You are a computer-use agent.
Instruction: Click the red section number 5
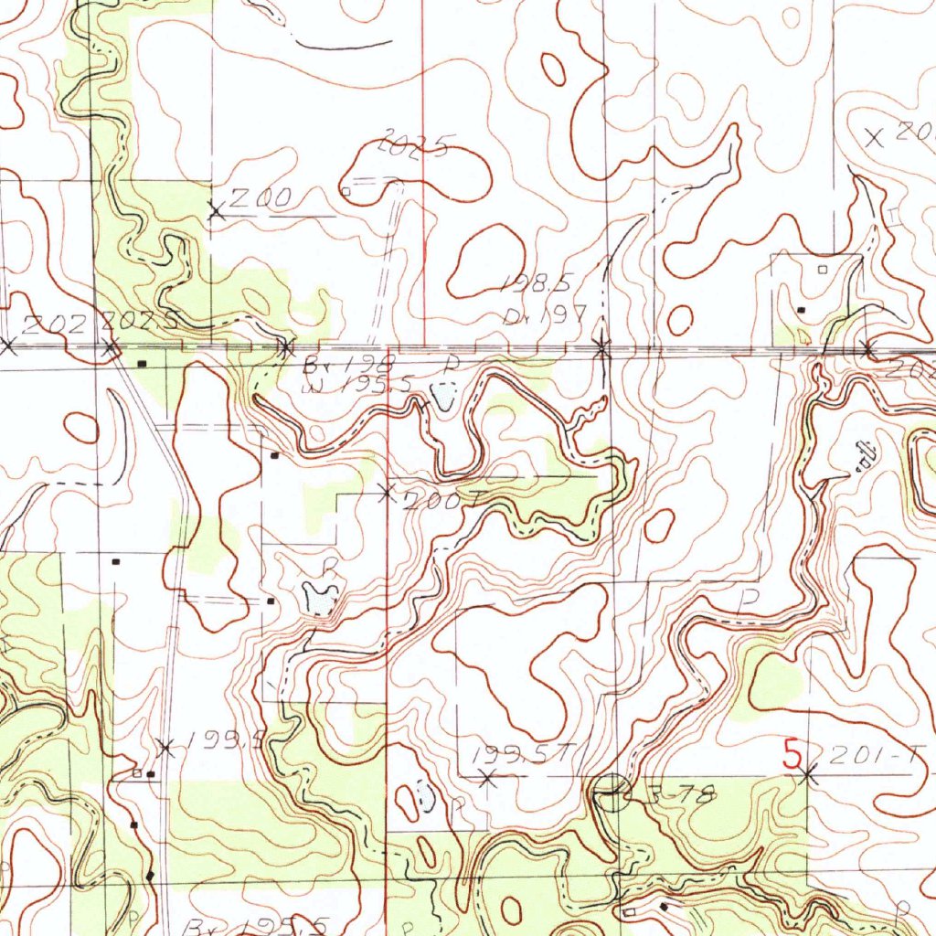tap(792, 754)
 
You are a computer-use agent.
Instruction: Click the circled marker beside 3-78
tap(612, 792)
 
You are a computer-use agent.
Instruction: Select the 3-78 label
tap(681, 795)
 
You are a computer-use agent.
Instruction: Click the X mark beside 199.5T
tap(487, 779)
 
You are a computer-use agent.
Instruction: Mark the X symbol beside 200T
tap(386, 493)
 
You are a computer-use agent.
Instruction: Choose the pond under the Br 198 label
tap(444, 396)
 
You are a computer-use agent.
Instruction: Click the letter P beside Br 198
tap(449, 365)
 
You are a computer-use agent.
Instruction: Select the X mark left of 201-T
tap(807, 776)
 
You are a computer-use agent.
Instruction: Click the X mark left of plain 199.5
tap(165, 748)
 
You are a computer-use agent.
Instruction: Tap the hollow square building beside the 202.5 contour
tap(346, 191)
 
